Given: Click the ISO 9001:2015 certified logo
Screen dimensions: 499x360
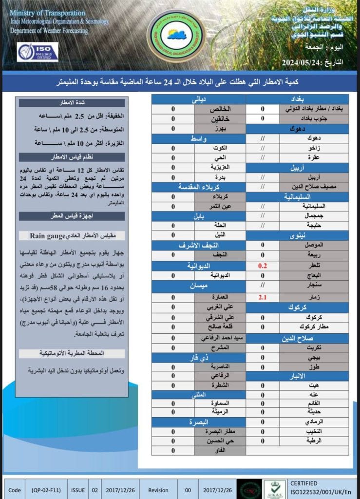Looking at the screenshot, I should [x=38, y=52].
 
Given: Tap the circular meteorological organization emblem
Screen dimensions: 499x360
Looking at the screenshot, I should [x=176, y=35].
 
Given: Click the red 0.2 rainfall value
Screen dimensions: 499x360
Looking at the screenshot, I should [x=263, y=266].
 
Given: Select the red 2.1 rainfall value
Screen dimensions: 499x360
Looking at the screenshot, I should [x=263, y=297].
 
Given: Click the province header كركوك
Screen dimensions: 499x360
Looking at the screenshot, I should [x=297, y=307].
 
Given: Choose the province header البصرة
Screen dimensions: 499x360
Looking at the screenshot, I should [x=198, y=422].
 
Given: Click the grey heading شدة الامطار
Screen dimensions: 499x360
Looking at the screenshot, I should [x=71, y=103].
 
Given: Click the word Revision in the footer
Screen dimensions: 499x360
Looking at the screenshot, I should [x=158, y=490].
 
